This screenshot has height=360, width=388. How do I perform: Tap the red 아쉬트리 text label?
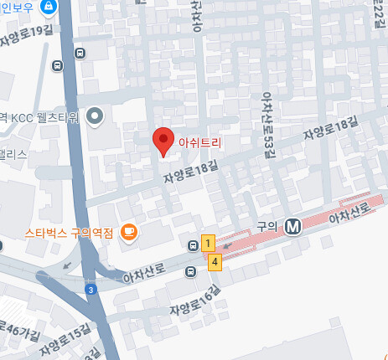[200, 143]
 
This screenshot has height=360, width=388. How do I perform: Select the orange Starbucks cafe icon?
[128, 232]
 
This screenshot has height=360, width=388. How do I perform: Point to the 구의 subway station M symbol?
[292, 226]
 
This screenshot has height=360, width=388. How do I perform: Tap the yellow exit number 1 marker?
[209, 244]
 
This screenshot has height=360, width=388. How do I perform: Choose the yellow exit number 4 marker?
[215, 262]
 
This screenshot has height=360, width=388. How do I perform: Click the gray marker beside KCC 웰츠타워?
[95, 116]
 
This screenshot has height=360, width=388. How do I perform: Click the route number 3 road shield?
[91, 289]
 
